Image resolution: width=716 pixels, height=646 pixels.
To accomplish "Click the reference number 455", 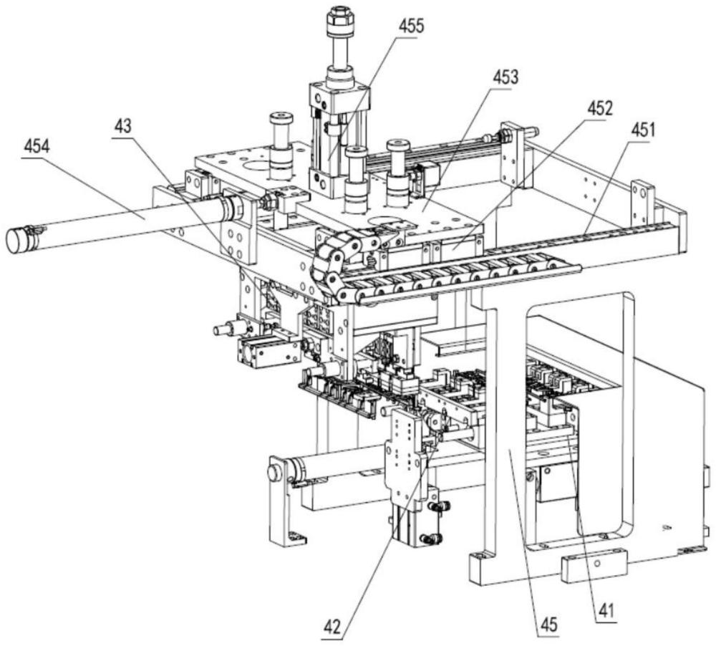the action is (411, 26).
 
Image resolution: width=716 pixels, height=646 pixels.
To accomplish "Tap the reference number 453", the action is (505, 77).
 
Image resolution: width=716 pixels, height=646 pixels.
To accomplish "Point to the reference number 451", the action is (642, 130).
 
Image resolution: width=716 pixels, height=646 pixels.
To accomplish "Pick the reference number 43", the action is (122, 125).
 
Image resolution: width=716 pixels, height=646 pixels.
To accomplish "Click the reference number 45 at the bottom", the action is (549, 625).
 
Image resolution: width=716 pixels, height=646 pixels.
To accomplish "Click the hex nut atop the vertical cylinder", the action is (339, 21).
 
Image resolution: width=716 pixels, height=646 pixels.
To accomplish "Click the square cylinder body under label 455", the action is (339, 135).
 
